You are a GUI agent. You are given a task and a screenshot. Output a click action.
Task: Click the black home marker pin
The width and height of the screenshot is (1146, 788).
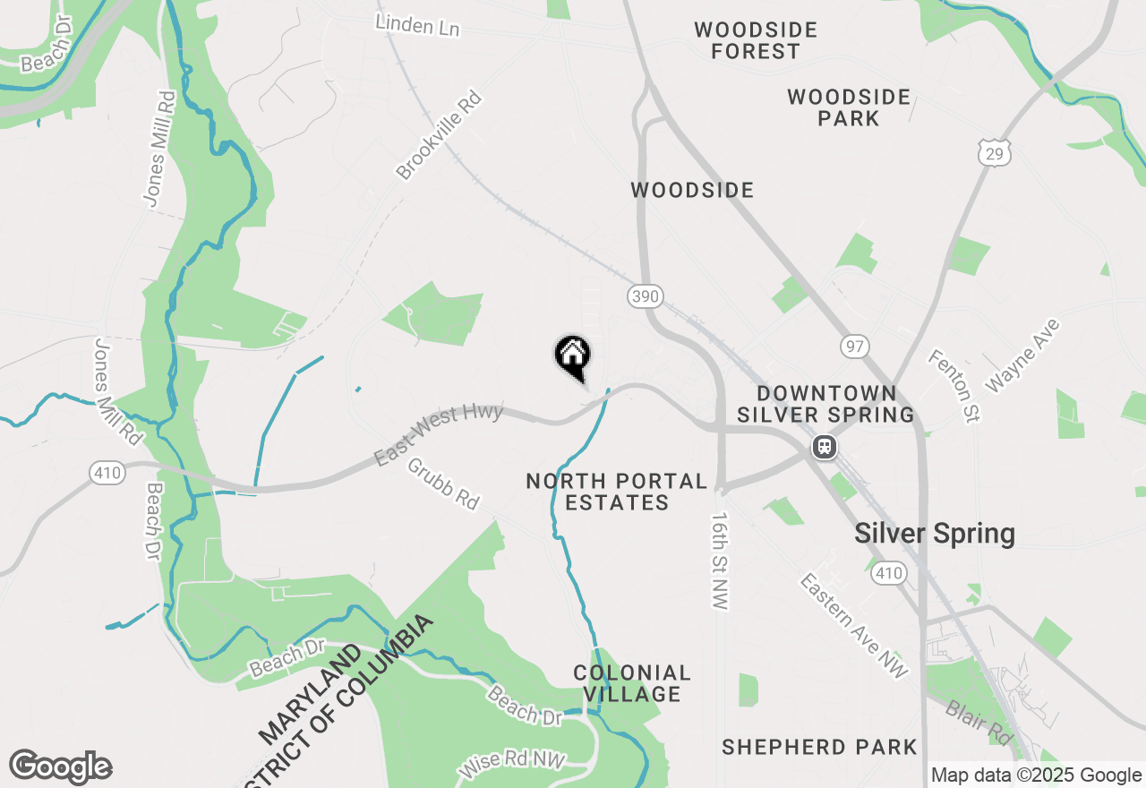pyautogui.click(x=573, y=355)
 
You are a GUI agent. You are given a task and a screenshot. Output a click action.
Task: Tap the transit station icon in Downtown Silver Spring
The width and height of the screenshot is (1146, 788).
pyautogui.click(x=824, y=446)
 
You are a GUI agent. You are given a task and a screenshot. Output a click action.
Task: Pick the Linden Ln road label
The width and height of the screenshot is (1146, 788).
pyautogui.click(x=417, y=24)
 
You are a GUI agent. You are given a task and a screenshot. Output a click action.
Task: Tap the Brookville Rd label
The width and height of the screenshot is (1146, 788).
pyautogui.click(x=439, y=135)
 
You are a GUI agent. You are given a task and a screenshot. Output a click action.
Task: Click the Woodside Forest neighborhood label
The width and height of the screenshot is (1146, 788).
pyautogui.click(x=756, y=41)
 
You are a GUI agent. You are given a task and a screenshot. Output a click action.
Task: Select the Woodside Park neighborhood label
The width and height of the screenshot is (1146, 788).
pyautogui.click(x=849, y=107)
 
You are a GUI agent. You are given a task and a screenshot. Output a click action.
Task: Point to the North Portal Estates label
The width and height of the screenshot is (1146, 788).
pyautogui.click(x=617, y=492)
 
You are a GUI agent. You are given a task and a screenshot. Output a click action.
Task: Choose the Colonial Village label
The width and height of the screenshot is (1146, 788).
pyautogui.click(x=632, y=683)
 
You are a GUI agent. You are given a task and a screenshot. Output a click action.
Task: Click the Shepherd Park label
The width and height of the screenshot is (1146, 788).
pyautogui.click(x=819, y=747)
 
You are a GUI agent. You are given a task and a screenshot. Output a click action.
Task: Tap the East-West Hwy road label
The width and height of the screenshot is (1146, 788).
pyautogui.click(x=439, y=434)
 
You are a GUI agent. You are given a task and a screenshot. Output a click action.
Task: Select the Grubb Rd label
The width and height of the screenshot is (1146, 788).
pyautogui.click(x=443, y=484)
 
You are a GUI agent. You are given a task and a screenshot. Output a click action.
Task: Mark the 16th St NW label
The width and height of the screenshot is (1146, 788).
pyautogui.click(x=720, y=561)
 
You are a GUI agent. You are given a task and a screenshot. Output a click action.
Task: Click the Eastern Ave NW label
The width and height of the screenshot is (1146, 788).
pyautogui.click(x=853, y=626)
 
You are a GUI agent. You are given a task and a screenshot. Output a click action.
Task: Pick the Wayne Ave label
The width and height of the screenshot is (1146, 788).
pyautogui.click(x=1022, y=355)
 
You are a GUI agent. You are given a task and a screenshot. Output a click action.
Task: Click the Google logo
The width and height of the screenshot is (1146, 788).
pyautogui.click(x=60, y=767)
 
